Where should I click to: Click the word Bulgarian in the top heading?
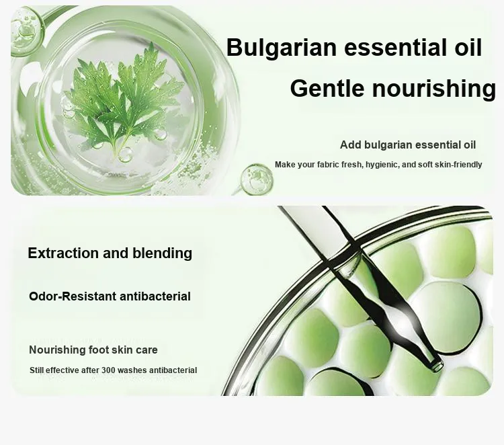click(x=282, y=48)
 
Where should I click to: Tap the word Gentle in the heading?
click(x=327, y=89)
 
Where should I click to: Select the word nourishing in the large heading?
click(x=434, y=89)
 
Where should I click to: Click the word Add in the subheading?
click(x=351, y=145)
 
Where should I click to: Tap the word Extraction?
click(x=64, y=253)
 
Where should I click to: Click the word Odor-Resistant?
click(x=73, y=296)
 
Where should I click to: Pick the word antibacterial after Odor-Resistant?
click(x=155, y=296)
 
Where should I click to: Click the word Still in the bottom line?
click(x=37, y=370)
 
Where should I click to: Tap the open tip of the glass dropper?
click(x=437, y=365)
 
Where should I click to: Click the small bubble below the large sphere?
click(x=257, y=179)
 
